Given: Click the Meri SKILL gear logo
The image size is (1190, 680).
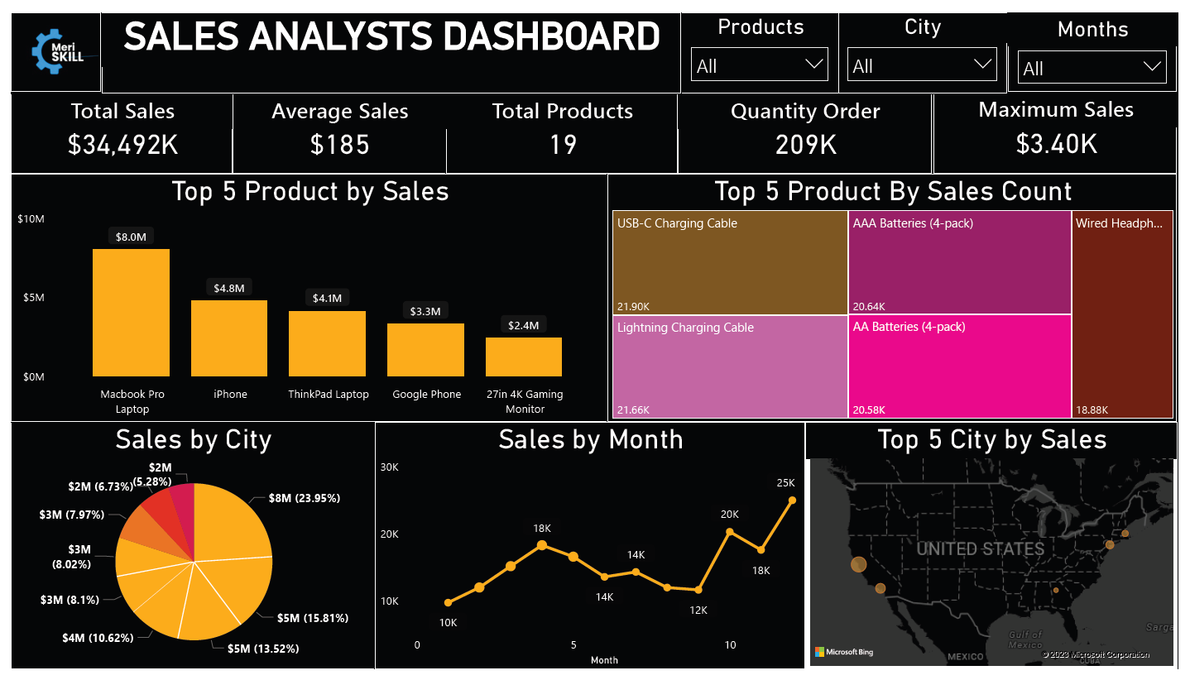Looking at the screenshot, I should tap(56, 51).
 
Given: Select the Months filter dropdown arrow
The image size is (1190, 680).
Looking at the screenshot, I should tap(1151, 68).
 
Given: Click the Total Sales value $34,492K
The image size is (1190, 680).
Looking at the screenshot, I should tap(122, 145).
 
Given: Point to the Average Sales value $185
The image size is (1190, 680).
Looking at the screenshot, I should tap(339, 145).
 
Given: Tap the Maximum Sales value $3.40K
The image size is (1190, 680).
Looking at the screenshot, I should tap(1056, 144).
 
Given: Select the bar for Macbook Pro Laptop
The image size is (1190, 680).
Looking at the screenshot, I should tap(131, 313).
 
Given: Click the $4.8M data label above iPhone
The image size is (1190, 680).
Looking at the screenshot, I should tap(229, 288).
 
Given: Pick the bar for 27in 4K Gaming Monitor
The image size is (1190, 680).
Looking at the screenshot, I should tap(524, 357).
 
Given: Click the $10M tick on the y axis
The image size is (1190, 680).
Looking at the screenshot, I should tap(31, 219).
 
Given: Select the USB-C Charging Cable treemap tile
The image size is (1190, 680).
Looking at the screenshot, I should tap(731, 263).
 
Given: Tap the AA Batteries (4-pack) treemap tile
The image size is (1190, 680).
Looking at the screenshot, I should tap(959, 366).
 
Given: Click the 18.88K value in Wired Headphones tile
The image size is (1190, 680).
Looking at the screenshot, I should tap(1092, 409).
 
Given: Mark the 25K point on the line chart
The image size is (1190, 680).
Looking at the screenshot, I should tap(792, 500).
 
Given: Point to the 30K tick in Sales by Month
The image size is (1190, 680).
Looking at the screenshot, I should tap(390, 467).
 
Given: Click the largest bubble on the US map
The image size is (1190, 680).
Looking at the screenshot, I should tap(858, 564).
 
